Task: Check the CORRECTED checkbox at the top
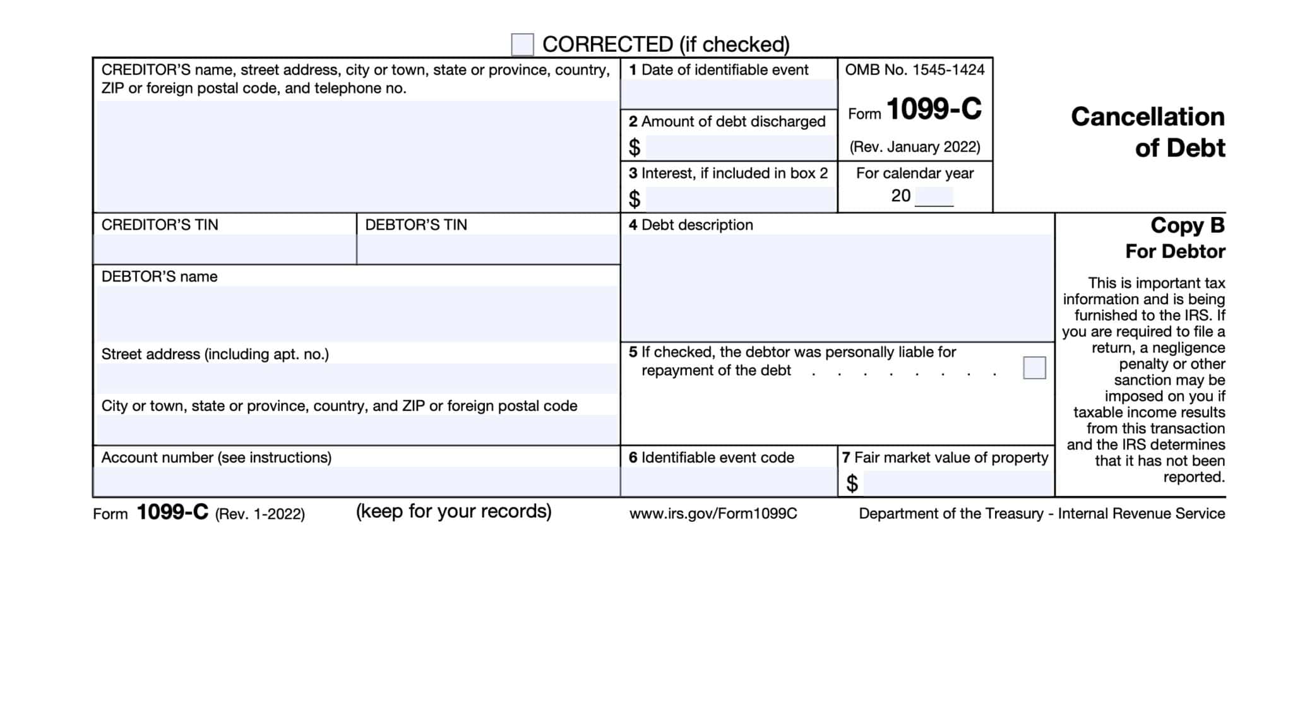[522, 45]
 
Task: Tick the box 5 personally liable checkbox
[1034, 368]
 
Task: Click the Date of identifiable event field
[729, 94]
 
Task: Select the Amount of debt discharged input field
[741, 148]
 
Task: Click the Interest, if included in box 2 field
[741, 199]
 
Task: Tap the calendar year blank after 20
[934, 197]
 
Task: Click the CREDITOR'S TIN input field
[225, 249]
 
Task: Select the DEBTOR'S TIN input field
[488, 249]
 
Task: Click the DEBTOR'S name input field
[357, 314]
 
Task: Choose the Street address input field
[357, 379]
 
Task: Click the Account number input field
[357, 482]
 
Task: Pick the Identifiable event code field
[729, 482]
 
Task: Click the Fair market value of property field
[958, 483]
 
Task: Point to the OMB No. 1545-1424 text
[915, 70]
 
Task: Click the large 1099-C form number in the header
[934, 109]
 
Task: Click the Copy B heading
[1187, 225]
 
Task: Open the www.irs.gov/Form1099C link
[713, 514]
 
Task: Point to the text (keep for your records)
[453, 511]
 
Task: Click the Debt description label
[691, 225]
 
